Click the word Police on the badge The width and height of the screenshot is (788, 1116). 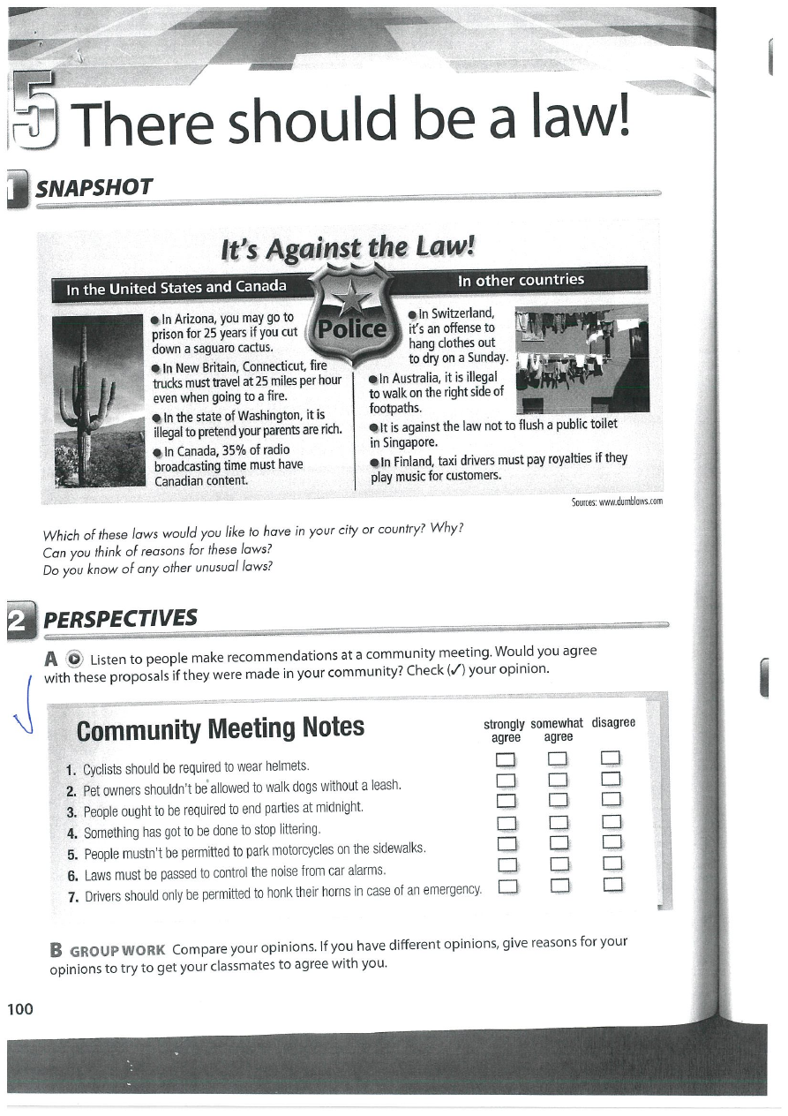(351, 328)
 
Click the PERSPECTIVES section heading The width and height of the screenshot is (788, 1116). (120, 618)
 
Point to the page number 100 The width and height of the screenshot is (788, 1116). (20, 1008)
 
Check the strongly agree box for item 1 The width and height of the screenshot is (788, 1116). (506, 759)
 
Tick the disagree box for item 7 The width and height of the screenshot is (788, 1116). (612, 884)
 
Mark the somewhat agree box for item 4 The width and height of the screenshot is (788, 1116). (559, 823)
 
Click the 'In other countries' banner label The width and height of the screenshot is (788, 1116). (521, 280)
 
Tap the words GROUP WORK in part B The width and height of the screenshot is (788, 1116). (117, 951)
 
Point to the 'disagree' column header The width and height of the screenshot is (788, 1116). (613, 723)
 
